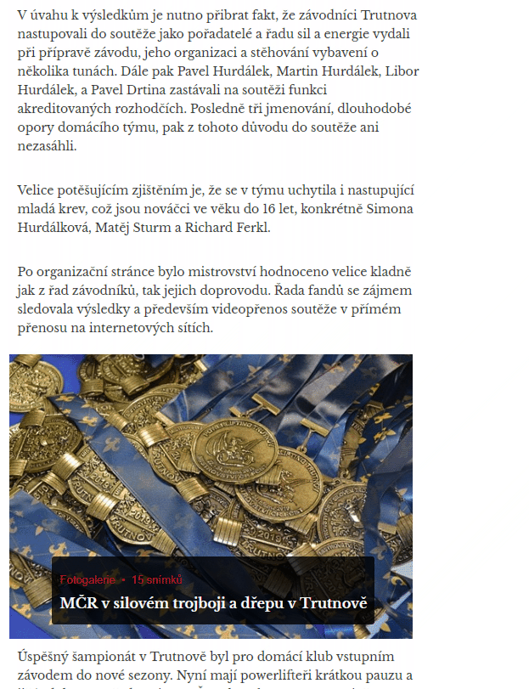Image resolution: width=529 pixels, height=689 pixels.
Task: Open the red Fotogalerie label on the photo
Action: click(87, 579)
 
